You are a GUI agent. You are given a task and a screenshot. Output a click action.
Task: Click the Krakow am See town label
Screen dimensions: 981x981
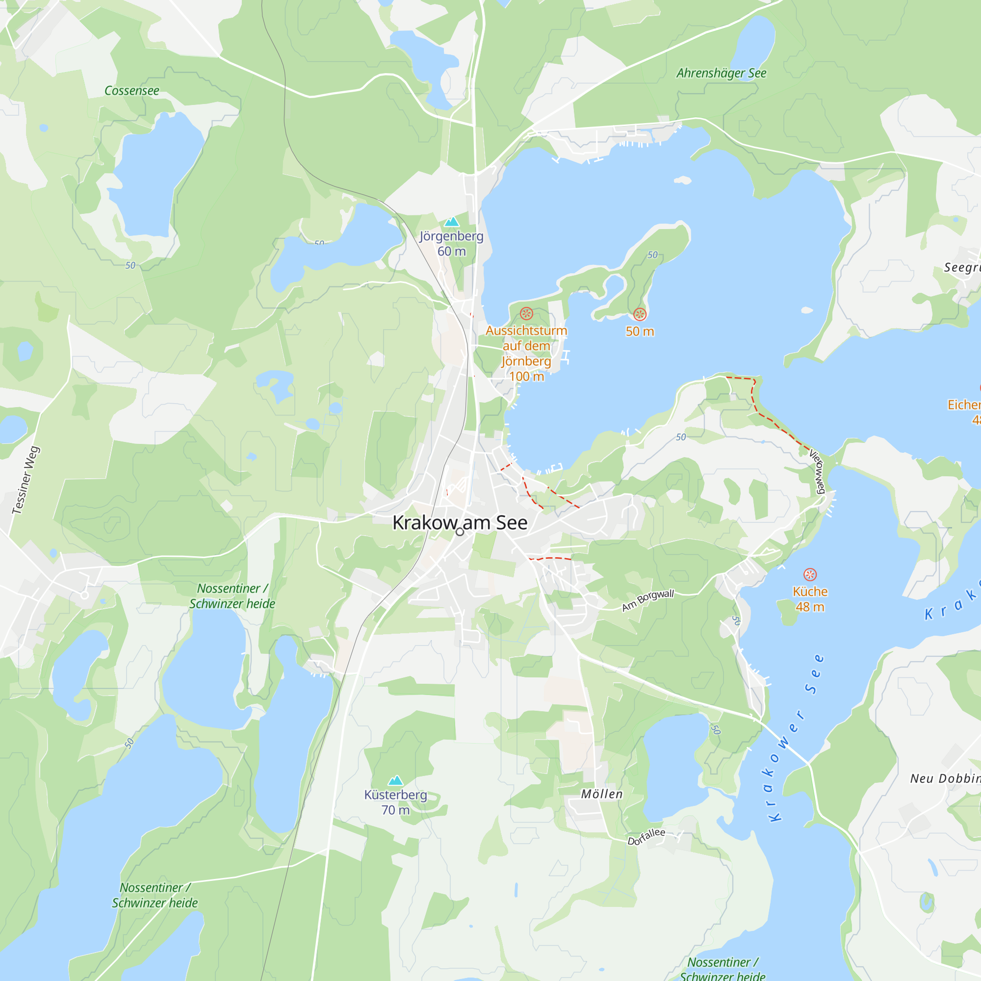click(460, 522)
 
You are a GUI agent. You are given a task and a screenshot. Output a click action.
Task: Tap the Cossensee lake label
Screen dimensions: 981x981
click(131, 91)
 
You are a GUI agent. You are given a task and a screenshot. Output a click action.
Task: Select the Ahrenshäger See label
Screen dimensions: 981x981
click(721, 73)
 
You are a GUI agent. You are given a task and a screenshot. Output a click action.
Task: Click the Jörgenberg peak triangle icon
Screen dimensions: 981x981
click(451, 222)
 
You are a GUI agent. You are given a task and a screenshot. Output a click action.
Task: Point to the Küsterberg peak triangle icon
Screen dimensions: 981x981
click(395, 780)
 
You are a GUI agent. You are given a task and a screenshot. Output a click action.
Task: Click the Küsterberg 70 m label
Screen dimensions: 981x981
click(395, 802)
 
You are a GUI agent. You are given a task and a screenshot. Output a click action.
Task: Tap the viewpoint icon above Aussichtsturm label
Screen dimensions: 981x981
click(526, 313)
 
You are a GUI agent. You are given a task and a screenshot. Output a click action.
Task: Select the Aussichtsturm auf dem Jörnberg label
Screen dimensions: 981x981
click(526, 353)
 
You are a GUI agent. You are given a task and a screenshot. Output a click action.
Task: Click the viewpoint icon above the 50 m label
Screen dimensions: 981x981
click(640, 314)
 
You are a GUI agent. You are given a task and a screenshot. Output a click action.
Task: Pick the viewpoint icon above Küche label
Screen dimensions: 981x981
click(810, 574)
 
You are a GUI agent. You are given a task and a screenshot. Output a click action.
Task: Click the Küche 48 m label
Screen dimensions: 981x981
click(810, 599)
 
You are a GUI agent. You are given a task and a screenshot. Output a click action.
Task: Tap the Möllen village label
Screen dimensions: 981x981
click(602, 794)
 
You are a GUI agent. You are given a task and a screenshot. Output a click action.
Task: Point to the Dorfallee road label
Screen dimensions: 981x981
click(646, 836)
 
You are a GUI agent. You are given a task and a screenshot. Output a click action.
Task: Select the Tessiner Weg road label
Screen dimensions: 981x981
click(26, 480)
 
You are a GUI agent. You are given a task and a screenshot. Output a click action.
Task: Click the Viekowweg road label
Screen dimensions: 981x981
click(817, 472)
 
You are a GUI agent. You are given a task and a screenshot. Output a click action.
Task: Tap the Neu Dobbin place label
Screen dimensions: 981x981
click(944, 779)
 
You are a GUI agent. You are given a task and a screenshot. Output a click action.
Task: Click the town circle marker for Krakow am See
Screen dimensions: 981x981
click(460, 532)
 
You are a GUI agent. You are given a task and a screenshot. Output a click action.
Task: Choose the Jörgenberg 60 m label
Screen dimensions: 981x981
click(451, 244)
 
